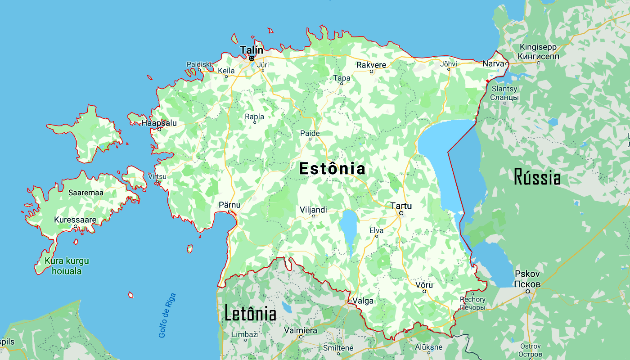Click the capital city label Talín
point(252,50)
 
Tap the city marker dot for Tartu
point(401,213)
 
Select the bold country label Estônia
point(332,169)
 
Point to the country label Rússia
point(537,177)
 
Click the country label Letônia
point(250,314)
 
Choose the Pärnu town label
point(229,205)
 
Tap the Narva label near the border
point(493,63)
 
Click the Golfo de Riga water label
point(167,315)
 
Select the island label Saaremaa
point(86,193)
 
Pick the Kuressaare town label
point(75,220)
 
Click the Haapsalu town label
point(159,123)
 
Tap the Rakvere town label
point(371,65)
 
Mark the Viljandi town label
point(313,210)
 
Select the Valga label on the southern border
point(363,301)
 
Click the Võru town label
point(424,285)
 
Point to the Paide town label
point(310,133)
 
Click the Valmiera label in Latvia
point(301,331)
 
